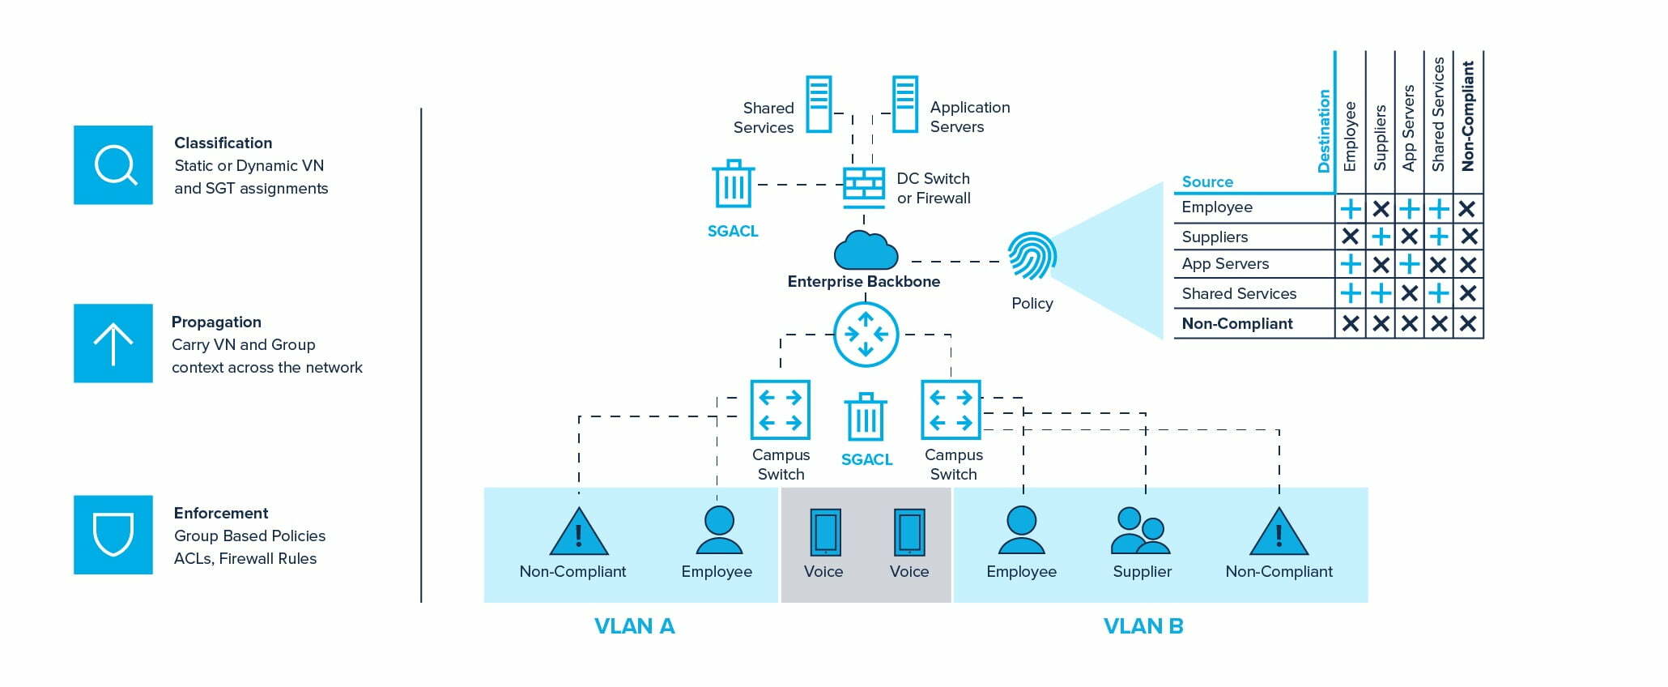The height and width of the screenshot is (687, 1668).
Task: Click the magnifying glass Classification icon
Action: (113, 164)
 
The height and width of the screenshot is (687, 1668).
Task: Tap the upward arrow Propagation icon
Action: (113, 343)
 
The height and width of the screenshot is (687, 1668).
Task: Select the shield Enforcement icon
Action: (113, 535)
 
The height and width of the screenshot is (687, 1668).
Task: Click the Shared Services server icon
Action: (819, 104)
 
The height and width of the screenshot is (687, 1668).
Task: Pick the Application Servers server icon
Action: (904, 104)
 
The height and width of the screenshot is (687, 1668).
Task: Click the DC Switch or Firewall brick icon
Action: (864, 186)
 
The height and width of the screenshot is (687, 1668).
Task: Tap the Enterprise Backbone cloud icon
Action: (866, 250)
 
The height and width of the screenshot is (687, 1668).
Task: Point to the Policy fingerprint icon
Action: (1032, 256)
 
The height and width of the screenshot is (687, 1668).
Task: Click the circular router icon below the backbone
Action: (866, 334)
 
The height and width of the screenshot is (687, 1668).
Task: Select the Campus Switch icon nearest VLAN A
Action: (780, 410)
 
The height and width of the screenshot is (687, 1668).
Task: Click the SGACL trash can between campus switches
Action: (866, 418)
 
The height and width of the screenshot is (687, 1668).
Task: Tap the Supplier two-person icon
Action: (1141, 531)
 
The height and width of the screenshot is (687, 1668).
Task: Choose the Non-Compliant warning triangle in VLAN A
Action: (578, 532)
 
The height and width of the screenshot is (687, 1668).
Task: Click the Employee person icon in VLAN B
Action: (1021, 531)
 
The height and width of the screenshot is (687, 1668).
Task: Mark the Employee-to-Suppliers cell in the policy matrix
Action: (1381, 209)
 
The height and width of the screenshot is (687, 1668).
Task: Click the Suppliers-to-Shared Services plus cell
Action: (1439, 237)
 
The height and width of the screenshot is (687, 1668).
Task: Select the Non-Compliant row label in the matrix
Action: (1236, 323)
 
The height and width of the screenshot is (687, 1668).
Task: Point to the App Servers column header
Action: (1409, 128)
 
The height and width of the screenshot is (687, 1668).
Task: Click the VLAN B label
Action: (1142, 626)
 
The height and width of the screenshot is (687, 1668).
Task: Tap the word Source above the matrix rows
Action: (1206, 181)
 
